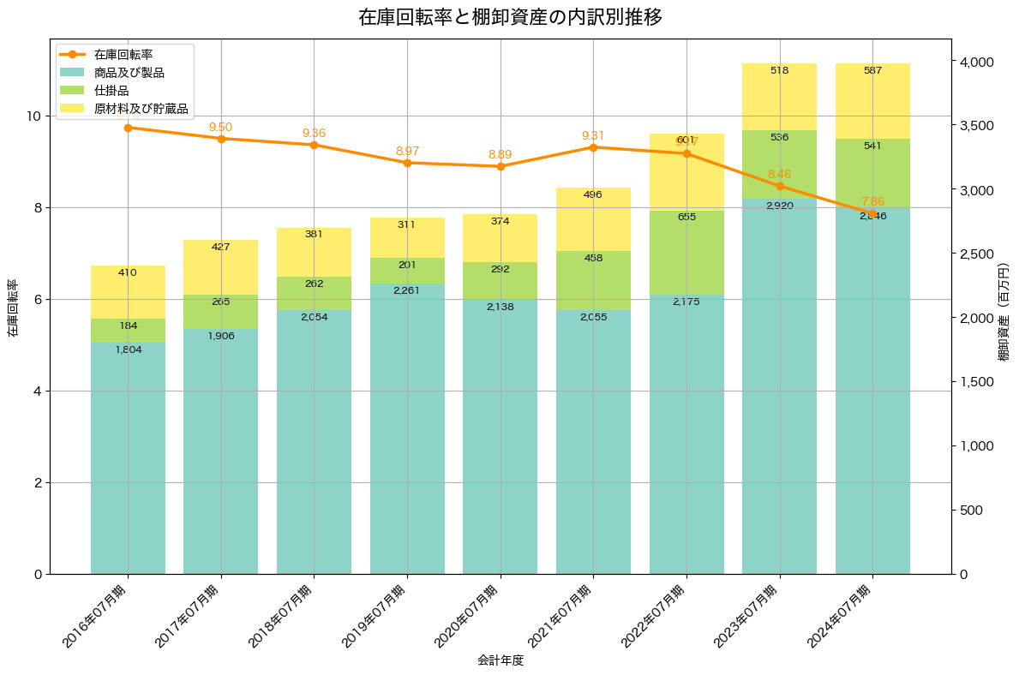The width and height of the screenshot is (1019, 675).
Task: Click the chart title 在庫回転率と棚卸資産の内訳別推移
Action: pyautogui.click(x=509, y=17)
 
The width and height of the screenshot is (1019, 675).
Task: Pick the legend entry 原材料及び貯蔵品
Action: pyautogui.click(x=141, y=109)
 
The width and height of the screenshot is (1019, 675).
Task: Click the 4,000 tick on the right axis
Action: pyautogui.click(x=975, y=63)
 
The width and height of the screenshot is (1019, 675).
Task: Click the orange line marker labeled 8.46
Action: pyautogui.click(x=779, y=186)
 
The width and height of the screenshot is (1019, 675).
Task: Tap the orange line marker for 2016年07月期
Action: pyautogui.click(x=128, y=128)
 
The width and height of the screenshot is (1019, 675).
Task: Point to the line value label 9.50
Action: pyautogui.click(x=220, y=127)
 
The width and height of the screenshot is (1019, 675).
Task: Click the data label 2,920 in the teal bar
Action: pyautogui.click(x=779, y=206)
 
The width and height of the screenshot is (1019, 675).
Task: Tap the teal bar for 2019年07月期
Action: pyautogui.click(x=407, y=428)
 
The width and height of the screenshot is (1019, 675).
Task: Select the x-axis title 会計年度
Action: pyautogui.click(x=500, y=660)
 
